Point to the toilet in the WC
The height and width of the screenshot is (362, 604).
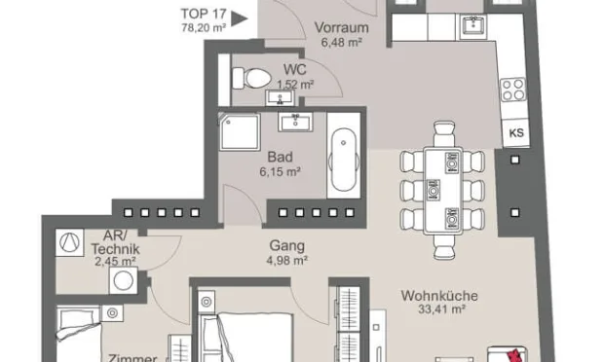[x=254, y=76]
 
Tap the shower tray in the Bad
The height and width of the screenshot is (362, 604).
[x=239, y=130]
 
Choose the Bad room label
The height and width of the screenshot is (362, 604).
[x=280, y=155]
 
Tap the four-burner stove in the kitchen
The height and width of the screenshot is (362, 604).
[x=512, y=91]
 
